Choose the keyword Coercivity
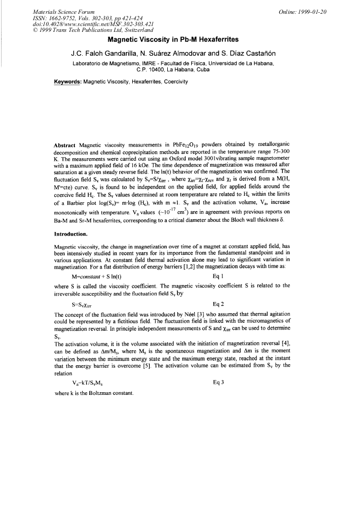pos(174,82)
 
